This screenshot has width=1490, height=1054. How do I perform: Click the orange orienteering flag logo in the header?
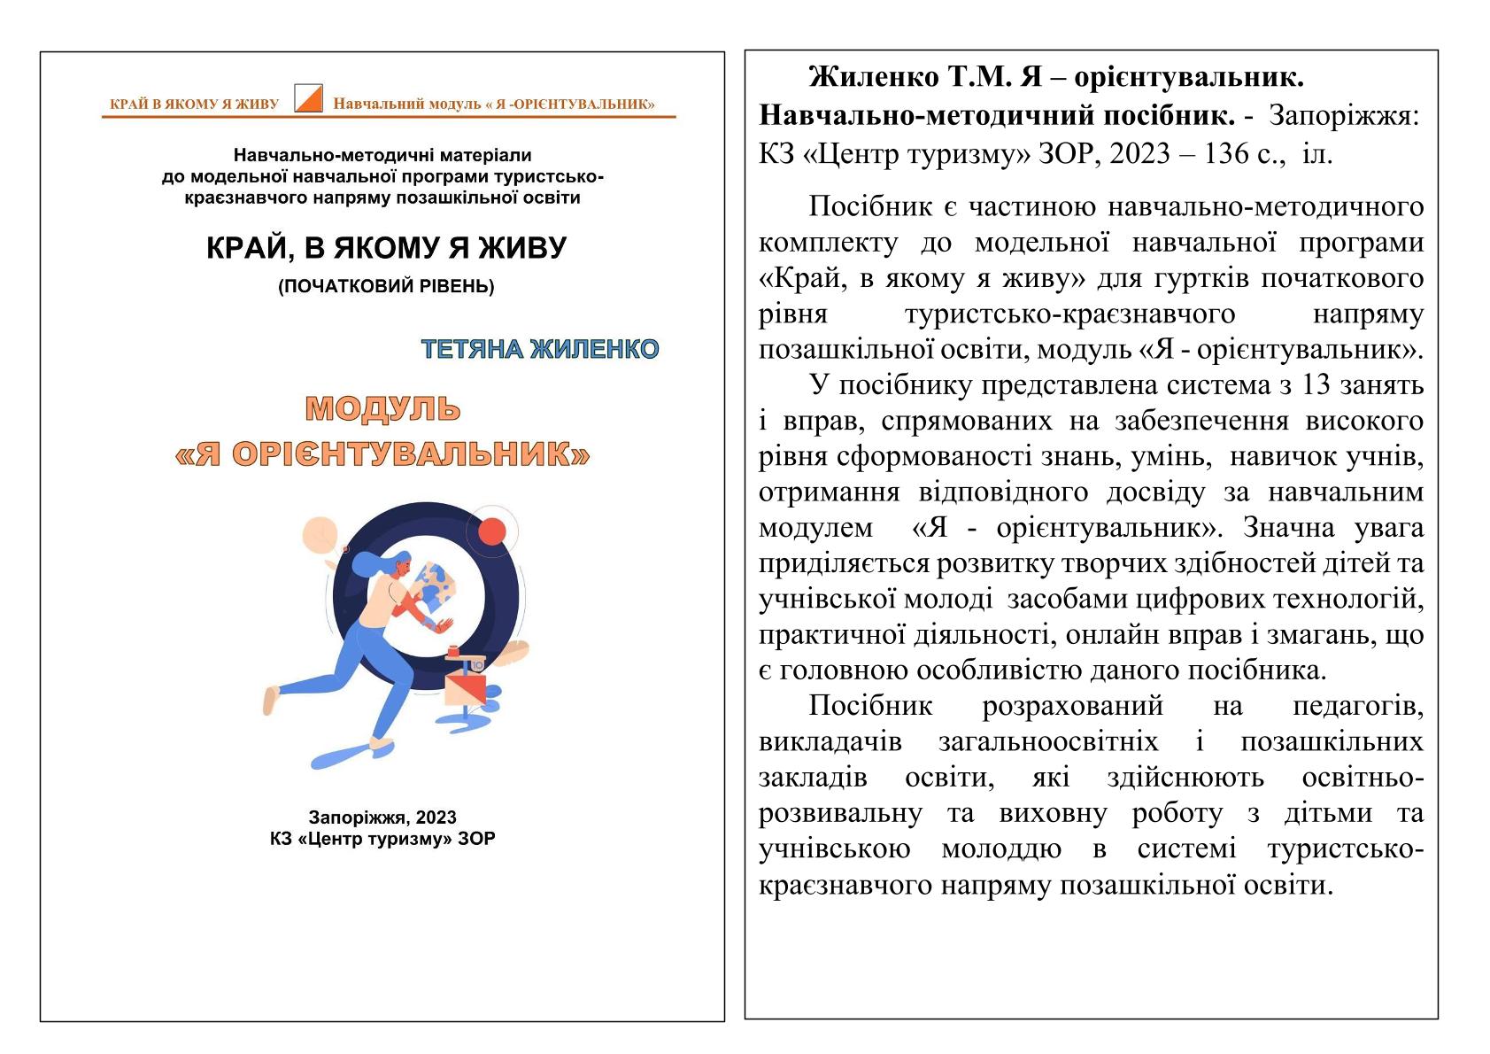click(x=308, y=98)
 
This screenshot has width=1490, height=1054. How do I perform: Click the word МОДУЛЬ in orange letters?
click(x=382, y=408)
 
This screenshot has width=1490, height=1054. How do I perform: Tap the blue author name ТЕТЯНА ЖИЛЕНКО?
click(x=540, y=349)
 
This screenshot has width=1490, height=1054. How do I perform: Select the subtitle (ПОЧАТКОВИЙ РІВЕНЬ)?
click(x=386, y=286)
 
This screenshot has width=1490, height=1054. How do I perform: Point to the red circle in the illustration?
click(x=491, y=531)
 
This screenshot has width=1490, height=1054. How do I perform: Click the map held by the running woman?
click(x=436, y=585)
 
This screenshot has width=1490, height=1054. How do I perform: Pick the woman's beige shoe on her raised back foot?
click(x=270, y=700)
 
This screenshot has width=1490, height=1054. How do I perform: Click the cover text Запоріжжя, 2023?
click(x=382, y=817)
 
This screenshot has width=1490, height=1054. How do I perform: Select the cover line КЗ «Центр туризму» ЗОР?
click(x=382, y=839)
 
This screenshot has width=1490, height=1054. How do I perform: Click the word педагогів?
click(x=1357, y=706)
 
